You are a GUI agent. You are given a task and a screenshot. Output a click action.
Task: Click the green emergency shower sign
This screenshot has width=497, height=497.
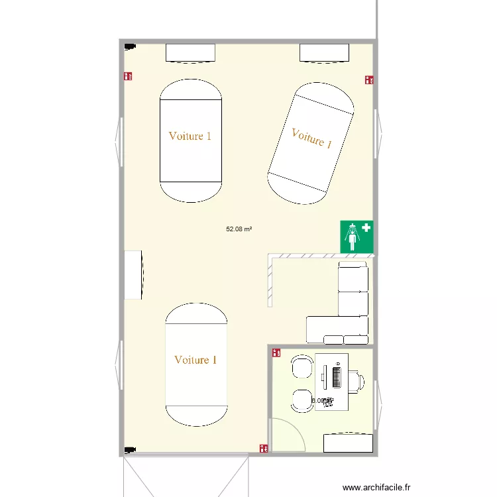[x=357, y=237]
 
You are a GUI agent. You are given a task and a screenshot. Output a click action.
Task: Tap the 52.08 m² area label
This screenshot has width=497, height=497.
[x=239, y=229]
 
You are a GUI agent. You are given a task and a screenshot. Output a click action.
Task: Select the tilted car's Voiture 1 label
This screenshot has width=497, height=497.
[x=311, y=138]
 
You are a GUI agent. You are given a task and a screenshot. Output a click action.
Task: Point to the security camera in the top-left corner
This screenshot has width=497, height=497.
[x=130, y=47]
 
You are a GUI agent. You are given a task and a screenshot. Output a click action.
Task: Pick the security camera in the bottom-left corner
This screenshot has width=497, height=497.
[x=130, y=449]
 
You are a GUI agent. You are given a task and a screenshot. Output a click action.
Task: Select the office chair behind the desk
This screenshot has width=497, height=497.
[x=357, y=380]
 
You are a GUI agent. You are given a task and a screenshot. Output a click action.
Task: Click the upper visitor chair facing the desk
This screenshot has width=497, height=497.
[x=302, y=366]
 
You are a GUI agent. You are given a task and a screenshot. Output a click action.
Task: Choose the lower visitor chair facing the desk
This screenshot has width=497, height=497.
[x=302, y=399]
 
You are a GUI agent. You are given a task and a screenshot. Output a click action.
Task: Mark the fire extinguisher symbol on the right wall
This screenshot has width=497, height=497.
[x=369, y=80]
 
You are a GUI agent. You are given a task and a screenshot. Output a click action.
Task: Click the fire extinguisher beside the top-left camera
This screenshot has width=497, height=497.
[x=128, y=77]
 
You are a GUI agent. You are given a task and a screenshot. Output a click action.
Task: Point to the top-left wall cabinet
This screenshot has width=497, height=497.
[x=190, y=52]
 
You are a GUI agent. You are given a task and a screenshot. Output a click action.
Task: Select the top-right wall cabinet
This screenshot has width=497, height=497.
[x=324, y=52]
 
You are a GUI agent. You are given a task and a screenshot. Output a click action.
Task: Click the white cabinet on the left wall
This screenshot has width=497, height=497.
[x=133, y=274]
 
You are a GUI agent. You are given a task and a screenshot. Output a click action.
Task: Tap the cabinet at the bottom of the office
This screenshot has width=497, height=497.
[x=347, y=443]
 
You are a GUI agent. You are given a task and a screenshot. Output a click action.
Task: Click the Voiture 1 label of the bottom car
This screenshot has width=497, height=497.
[x=195, y=360]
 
